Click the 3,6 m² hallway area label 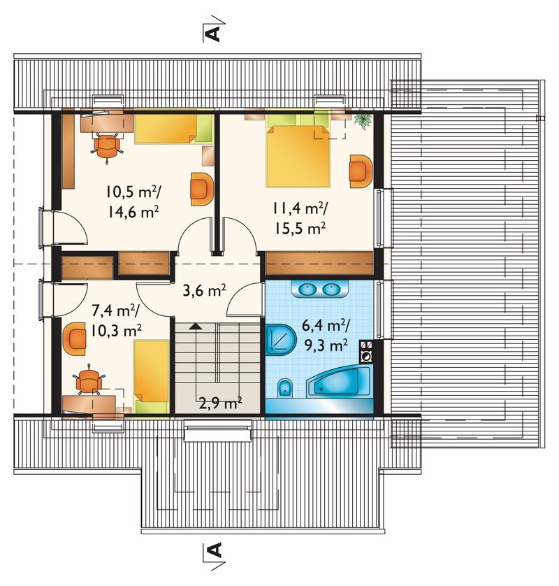click(204, 290)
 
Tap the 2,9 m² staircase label click(220, 403)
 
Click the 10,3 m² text click(116, 329)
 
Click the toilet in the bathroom click(285, 388)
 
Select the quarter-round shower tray click(281, 340)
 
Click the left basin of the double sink click(307, 289)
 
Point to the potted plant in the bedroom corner click(363, 120)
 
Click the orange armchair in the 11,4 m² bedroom click(361, 171)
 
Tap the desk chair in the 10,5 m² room click(107, 147)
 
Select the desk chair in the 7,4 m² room click(89, 380)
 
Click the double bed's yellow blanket click(298, 156)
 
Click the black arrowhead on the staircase click(195, 325)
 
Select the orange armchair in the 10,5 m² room click(202, 189)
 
